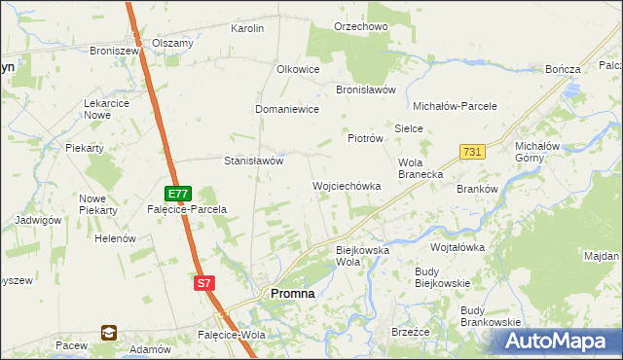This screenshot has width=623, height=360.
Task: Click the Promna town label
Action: (290, 294)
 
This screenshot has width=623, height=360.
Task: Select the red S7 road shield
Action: (203, 283)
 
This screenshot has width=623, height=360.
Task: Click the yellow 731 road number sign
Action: (472, 152)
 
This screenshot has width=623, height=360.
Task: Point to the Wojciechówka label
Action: (346, 186)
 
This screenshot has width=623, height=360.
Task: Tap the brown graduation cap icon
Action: (108, 333)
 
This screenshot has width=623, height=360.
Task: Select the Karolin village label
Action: (247, 29)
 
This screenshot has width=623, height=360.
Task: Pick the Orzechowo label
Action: (360, 27)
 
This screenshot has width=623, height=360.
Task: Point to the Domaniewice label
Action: (287, 110)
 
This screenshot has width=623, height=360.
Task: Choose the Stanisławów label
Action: (253, 162)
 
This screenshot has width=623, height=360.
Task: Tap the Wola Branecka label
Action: (421, 168)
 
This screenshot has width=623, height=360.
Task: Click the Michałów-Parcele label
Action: (456, 106)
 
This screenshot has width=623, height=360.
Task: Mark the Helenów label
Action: (114, 238)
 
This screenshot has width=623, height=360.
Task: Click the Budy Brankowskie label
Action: (490, 316)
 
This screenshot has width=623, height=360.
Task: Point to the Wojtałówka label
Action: (458, 247)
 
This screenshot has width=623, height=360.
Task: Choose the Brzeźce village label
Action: (410, 332)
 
